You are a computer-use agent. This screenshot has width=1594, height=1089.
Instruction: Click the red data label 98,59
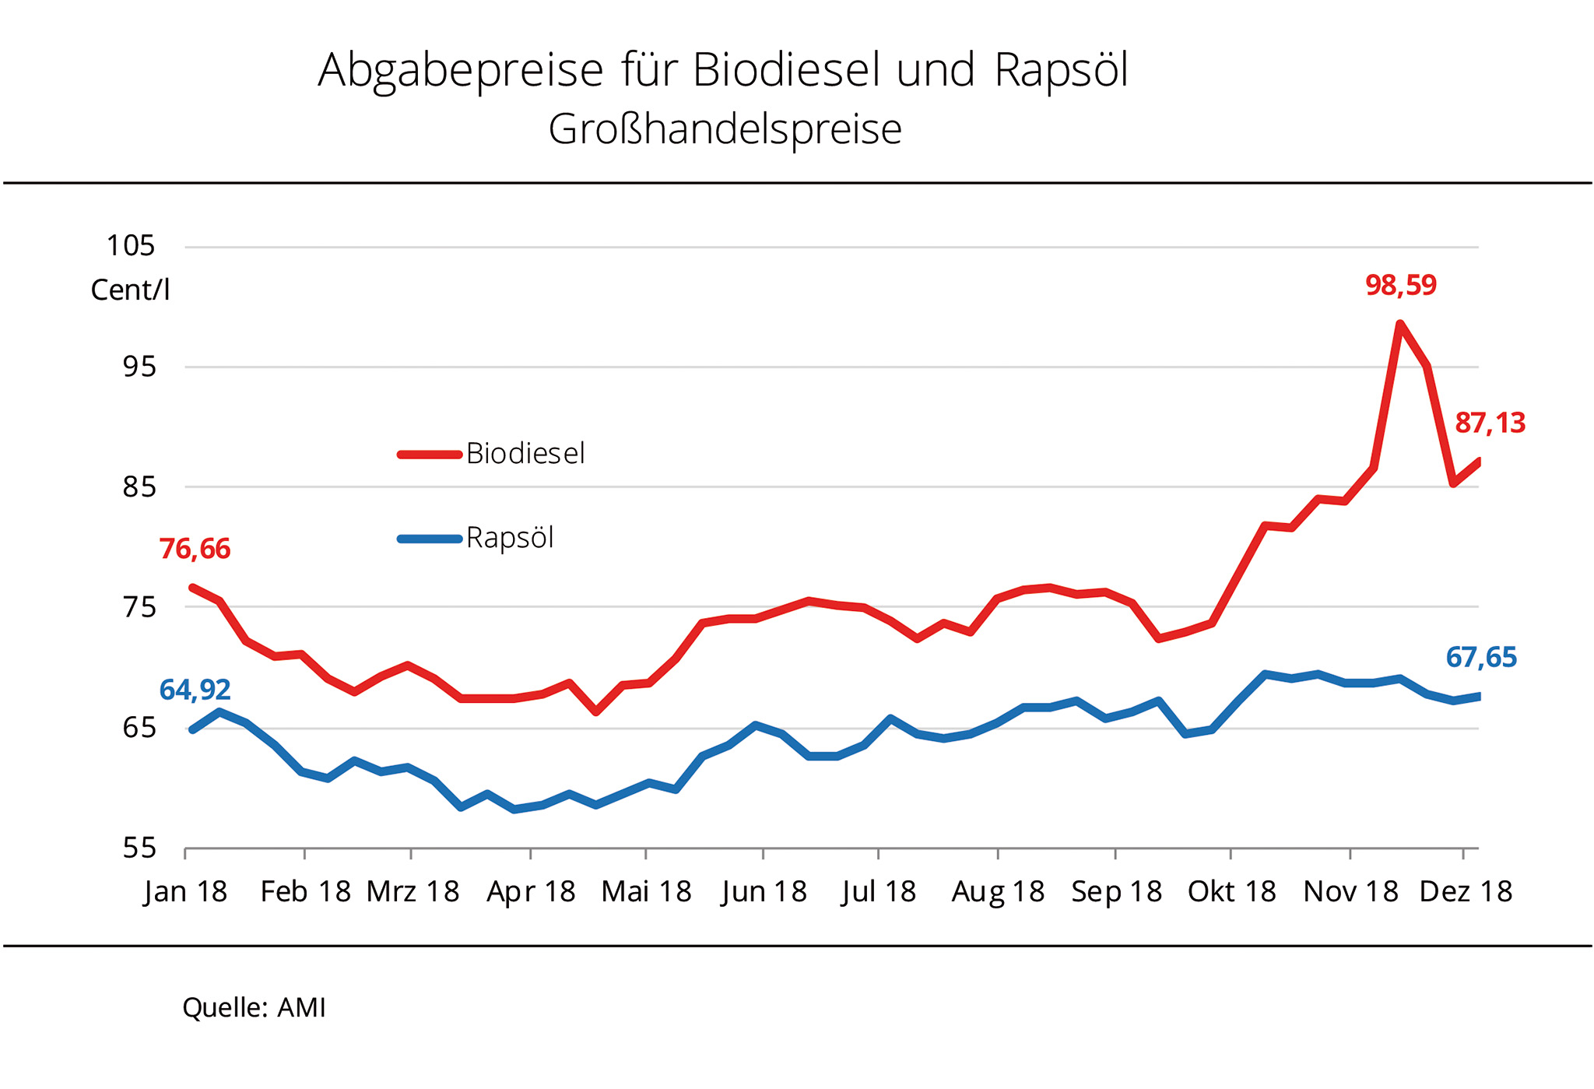point(1400,285)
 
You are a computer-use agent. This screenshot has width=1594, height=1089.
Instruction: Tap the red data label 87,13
point(1490,423)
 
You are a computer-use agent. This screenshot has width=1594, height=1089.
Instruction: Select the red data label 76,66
point(195,549)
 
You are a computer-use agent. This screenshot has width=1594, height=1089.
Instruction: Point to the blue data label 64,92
point(195,690)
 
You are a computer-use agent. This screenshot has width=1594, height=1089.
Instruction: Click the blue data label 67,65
point(1480,658)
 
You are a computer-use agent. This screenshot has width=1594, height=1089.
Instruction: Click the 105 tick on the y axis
point(131,246)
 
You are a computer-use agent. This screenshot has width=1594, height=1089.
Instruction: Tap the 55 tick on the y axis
point(139,848)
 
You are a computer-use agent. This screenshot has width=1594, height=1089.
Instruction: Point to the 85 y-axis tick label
point(139,487)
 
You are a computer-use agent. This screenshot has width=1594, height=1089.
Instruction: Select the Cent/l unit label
point(130,290)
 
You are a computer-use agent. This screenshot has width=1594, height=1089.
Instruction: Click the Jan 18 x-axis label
point(185,891)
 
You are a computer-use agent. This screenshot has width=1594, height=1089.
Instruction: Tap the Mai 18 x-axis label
point(646,891)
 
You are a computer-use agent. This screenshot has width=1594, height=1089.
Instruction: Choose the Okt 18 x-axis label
point(1231,891)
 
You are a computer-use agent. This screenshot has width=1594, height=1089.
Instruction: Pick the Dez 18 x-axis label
point(1466,891)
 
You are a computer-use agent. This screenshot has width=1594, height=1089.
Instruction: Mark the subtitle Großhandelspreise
point(725,129)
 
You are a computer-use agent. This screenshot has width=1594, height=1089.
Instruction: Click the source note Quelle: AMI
point(254,1007)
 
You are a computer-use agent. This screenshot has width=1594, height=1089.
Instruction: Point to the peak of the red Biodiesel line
point(1399,324)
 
